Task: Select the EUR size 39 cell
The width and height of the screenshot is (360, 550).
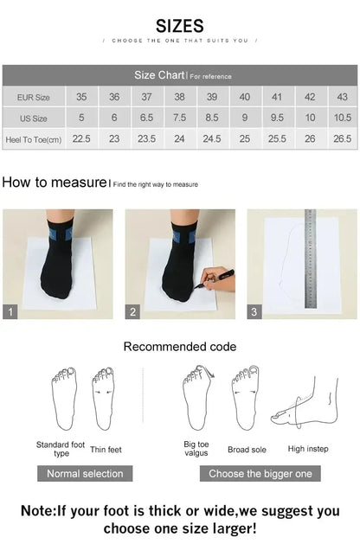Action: point(212,97)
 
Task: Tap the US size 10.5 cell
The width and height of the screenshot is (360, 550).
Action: point(343,118)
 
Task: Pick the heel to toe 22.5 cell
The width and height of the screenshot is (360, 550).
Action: point(81,138)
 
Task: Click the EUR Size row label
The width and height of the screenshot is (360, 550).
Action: point(34,97)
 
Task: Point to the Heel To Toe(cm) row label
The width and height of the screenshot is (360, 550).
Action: point(34,138)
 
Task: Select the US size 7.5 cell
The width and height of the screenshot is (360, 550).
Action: point(179,118)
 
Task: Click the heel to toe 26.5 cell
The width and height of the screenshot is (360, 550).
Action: point(343,138)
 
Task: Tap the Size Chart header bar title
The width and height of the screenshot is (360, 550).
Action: point(157,75)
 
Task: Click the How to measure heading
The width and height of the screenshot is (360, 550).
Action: point(54,182)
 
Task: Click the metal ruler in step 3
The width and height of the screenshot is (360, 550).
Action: point(310,259)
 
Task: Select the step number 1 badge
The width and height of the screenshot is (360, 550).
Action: point(10,312)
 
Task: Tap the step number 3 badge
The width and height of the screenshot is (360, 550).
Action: point(254,312)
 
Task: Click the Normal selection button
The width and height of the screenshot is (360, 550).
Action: point(85,473)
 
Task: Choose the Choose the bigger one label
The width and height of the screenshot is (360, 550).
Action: point(260,473)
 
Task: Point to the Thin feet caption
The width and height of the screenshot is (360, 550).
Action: point(106,449)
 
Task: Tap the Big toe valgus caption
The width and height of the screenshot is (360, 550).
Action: point(196,449)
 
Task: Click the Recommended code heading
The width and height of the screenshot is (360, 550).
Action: point(179,347)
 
